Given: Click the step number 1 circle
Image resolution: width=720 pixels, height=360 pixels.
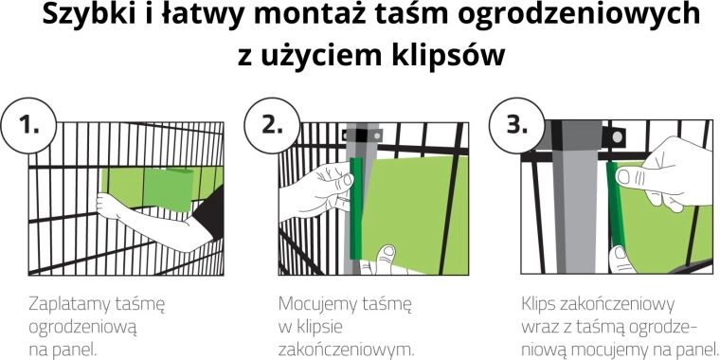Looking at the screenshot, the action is (x=29, y=125).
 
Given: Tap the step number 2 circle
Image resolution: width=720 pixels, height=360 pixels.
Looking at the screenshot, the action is (x=272, y=125).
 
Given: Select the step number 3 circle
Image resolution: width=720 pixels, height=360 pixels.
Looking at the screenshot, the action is (x=516, y=125).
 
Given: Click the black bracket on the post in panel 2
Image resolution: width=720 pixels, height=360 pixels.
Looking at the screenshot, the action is (x=363, y=135).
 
